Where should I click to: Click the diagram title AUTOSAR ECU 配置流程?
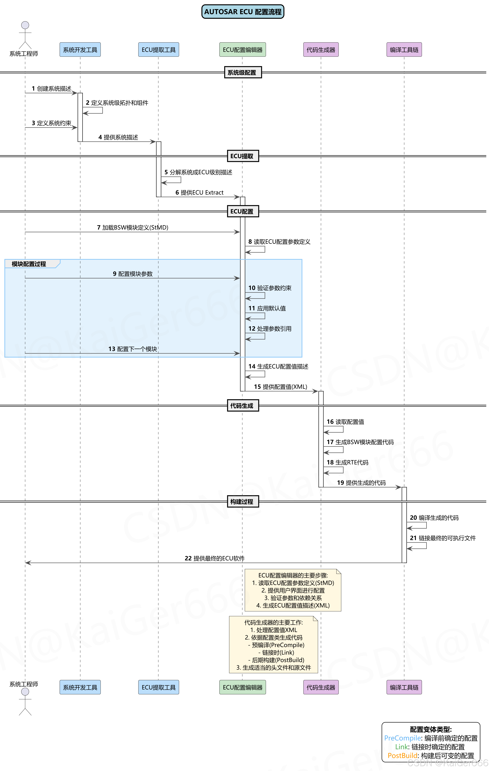pyautogui.click(x=243, y=12)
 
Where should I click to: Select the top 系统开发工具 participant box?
pyautogui.click(x=80, y=50)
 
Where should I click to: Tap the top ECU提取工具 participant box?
pyautogui.click(x=158, y=50)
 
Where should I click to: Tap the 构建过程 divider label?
pyautogui.click(x=243, y=501)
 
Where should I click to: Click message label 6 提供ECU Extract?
pyautogui.click(x=199, y=192)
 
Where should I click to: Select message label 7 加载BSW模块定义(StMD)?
pyautogui.click(x=132, y=227)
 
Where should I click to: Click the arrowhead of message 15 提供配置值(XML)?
pyautogui.click(x=316, y=391)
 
